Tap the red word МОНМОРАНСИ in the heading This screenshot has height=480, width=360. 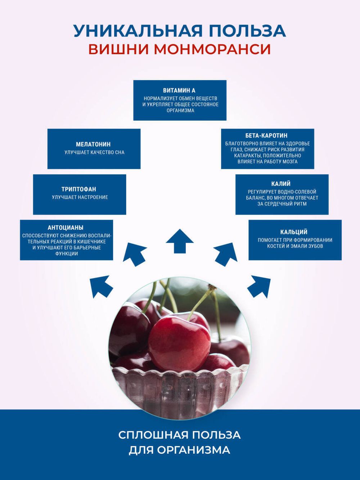(212, 49)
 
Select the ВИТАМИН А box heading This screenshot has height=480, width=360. (179, 90)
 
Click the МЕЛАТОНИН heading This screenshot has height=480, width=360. (93, 144)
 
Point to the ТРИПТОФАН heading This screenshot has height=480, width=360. (79, 189)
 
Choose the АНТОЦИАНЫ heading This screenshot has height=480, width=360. (66, 228)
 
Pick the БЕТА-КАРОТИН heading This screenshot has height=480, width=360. (266, 136)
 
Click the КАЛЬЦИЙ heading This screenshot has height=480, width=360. (294, 232)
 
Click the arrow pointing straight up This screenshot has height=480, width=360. (180, 241)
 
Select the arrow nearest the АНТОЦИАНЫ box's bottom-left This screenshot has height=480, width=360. (102, 286)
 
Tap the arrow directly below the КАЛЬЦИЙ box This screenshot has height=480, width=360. (259, 286)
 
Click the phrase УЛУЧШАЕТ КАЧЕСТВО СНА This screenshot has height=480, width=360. (94, 152)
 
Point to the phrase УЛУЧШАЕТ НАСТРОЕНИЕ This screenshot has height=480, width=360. (80, 197)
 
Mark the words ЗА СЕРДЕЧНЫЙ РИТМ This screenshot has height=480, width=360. (282, 204)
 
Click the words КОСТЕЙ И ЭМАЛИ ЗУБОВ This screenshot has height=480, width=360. (295, 246)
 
